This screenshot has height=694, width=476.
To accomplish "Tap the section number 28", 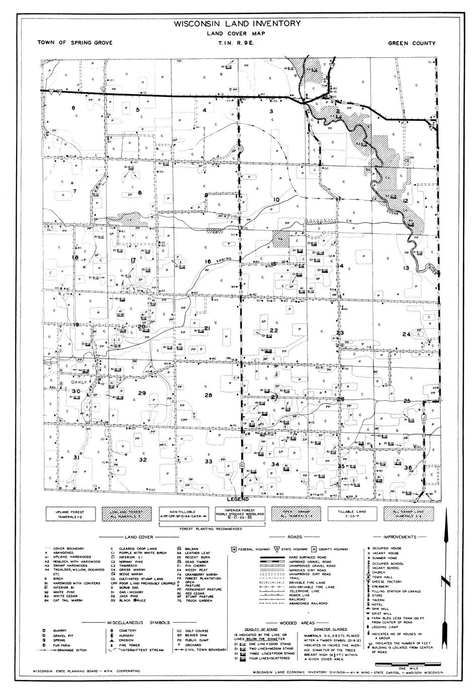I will (208, 395).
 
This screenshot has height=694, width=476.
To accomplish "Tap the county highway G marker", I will (242, 465).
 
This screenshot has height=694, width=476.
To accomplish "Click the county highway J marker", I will (424, 418).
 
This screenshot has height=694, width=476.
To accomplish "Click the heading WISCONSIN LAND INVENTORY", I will (238, 24).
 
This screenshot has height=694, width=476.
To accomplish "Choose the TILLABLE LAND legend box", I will (351, 513).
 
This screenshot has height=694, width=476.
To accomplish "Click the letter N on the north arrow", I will (443, 582).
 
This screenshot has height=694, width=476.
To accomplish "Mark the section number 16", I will (208, 262).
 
